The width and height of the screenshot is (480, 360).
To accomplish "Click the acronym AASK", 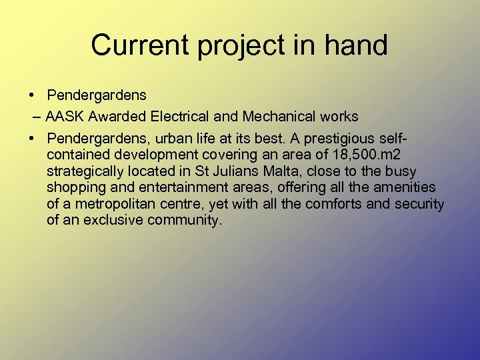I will click(65, 117).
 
